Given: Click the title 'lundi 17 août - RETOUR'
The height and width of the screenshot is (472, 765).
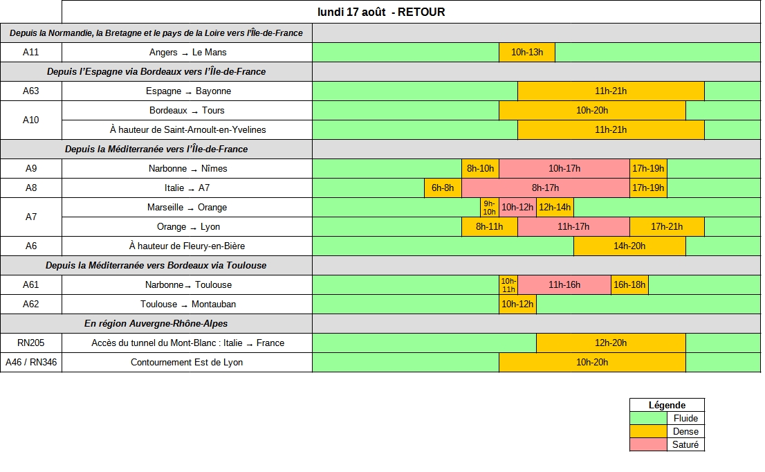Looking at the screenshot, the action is [381, 12].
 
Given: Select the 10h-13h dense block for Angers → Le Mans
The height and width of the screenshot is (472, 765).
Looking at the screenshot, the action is [527, 52].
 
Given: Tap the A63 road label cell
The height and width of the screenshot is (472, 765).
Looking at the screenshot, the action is [30, 91].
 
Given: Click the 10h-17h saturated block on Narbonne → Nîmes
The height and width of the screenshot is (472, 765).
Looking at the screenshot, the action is [564, 168].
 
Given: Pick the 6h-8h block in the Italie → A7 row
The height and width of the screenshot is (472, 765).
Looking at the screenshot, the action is [443, 188].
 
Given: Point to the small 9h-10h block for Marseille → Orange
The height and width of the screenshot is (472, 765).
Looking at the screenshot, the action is [489, 208].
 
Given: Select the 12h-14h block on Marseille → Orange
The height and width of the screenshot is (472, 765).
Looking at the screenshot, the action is [555, 208].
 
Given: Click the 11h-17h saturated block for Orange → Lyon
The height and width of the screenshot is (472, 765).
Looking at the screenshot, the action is [573, 226].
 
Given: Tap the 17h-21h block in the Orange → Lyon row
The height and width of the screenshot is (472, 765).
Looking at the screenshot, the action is [667, 226].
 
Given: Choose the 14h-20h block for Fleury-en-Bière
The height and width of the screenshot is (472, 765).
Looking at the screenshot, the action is [629, 246].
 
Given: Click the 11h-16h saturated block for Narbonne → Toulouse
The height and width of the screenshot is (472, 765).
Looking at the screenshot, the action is [564, 284].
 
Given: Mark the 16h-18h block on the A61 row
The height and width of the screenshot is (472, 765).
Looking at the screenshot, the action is [629, 284].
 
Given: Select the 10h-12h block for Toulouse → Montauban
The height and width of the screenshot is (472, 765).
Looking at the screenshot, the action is [517, 304].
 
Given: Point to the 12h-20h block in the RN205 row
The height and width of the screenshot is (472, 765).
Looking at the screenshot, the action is [611, 343].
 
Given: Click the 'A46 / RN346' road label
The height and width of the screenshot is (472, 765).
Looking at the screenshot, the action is [30, 362].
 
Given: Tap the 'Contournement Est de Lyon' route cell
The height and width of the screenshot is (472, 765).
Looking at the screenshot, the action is [187, 362].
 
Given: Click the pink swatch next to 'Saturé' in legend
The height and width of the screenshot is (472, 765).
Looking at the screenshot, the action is [648, 445].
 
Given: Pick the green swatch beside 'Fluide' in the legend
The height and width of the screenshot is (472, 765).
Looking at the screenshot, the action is [648, 418].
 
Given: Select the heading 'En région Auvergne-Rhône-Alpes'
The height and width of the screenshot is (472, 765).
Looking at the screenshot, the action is [156, 324].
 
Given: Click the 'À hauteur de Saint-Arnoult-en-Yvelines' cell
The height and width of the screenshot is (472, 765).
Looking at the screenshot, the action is [187, 130].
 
